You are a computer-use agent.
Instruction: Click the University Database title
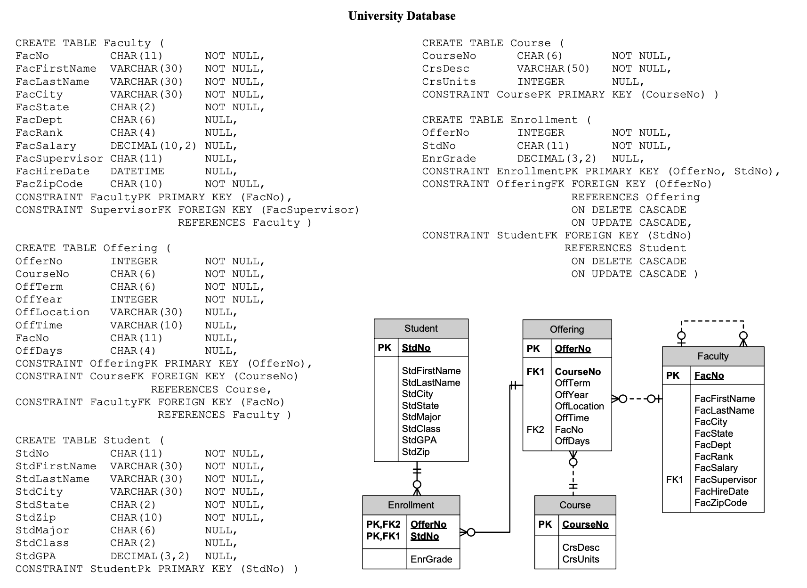tap(402, 16)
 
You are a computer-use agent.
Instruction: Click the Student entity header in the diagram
tap(421, 328)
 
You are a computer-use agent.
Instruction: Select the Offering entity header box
tap(567, 329)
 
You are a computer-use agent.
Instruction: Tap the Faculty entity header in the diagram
tap(713, 356)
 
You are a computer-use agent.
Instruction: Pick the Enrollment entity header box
tap(411, 505)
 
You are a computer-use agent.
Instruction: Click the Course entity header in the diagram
tap(575, 505)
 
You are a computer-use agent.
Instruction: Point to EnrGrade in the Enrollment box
tap(431, 559)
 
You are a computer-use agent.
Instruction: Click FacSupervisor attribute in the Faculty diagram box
tap(726, 480)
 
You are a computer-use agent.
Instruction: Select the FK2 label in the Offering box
tap(535, 430)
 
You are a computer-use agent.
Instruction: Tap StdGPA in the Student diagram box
tap(419, 440)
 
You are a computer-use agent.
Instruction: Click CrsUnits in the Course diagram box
tap(581, 559)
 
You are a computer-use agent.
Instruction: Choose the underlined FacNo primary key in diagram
tap(709, 376)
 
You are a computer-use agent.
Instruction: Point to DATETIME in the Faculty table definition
tap(137, 171)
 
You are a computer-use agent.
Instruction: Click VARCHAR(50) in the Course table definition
tap(553, 69)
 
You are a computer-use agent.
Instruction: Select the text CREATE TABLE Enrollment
tap(500, 120)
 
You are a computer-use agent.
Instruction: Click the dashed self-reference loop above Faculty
tap(712, 321)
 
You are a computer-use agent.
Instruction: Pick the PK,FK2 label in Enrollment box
tap(383, 524)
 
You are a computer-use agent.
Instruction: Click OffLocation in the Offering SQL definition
tap(52, 312)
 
